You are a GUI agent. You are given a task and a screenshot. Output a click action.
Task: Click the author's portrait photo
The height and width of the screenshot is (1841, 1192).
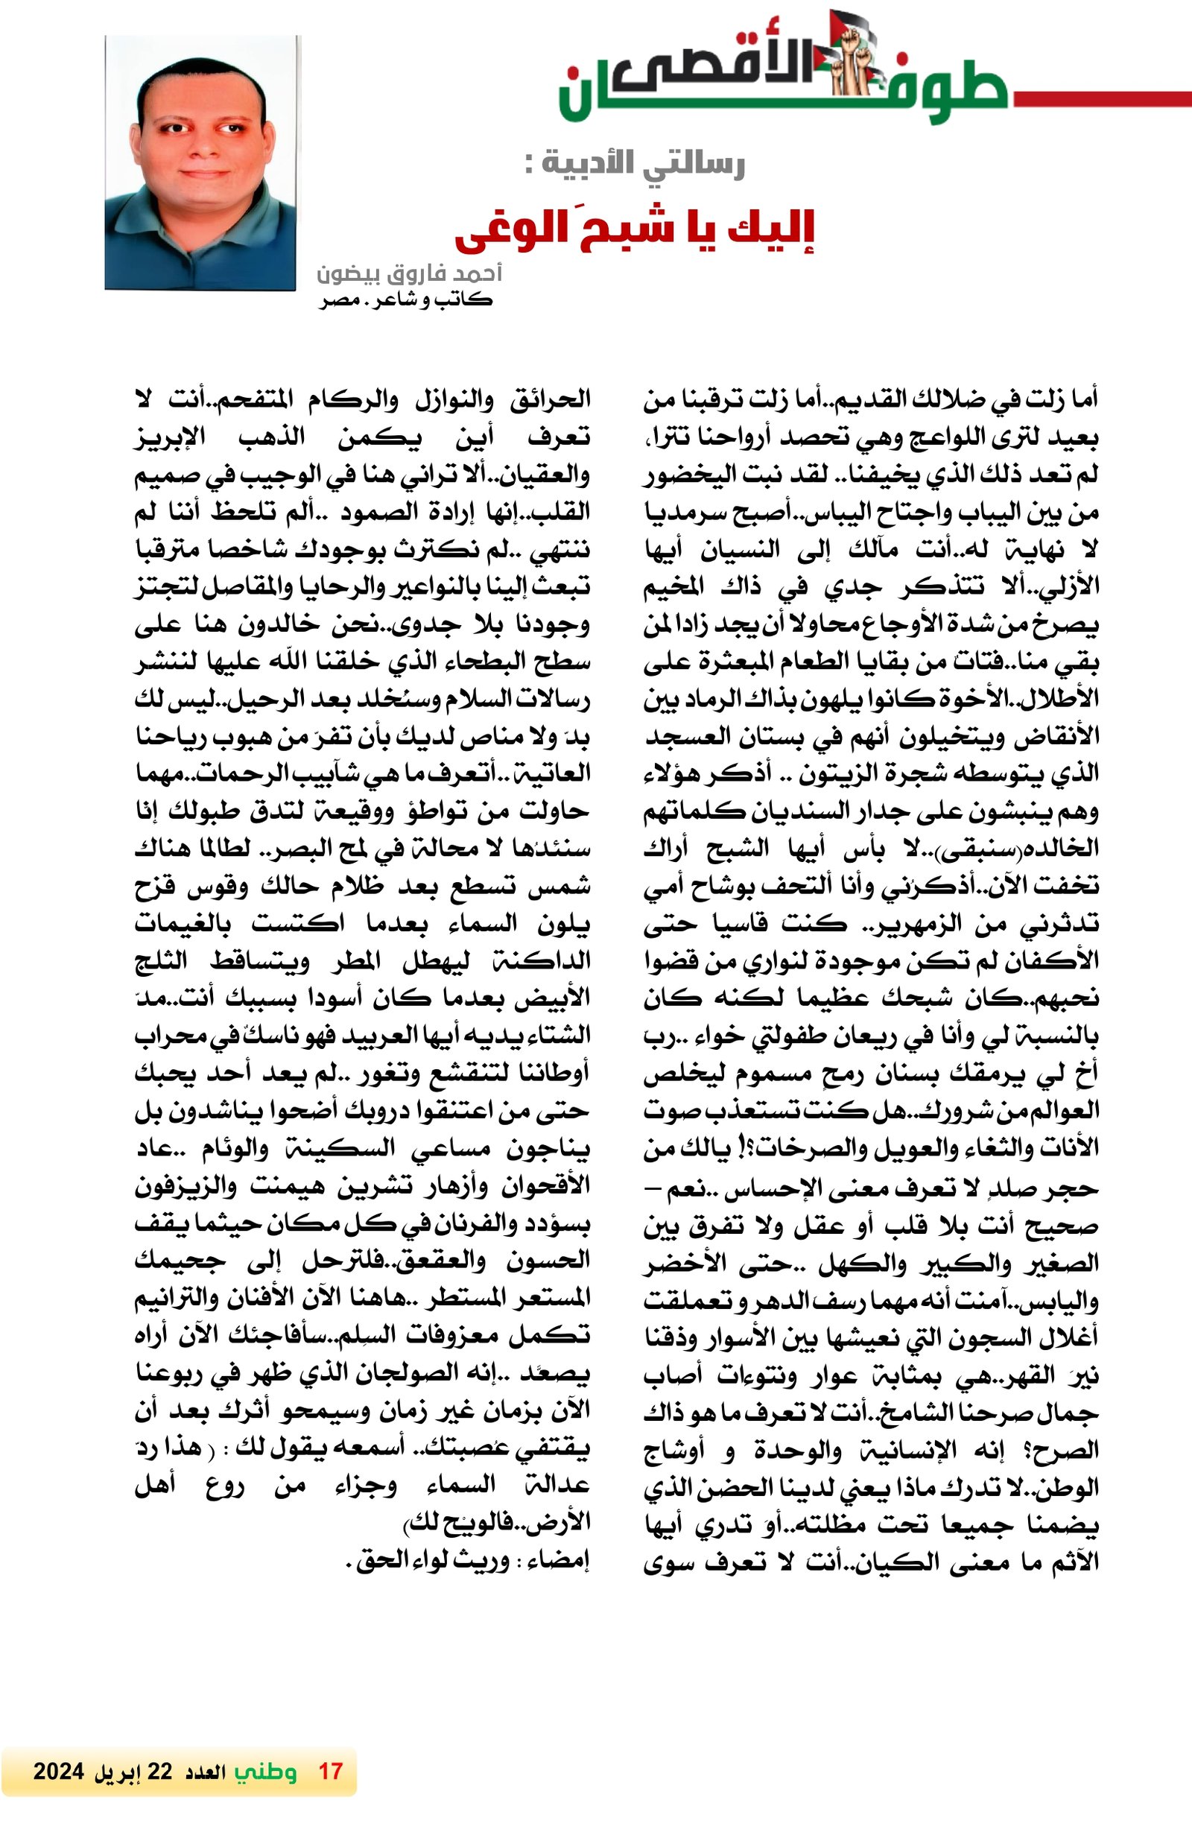click(x=200, y=162)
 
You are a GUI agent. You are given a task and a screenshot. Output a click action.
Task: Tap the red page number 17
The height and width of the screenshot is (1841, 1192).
click(x=330, y=1771)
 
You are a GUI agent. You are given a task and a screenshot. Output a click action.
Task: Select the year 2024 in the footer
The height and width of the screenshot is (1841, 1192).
click(x=59, y=1771)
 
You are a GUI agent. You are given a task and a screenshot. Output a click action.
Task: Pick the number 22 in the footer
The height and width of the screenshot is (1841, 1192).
click(x=160, y=1771)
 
